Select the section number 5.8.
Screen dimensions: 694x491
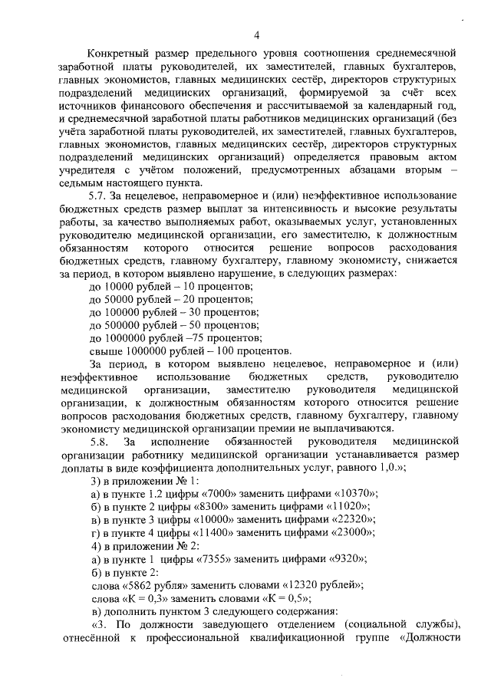point(101,442)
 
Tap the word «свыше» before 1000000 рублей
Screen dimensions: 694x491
point(106,351)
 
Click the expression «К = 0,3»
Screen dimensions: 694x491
point(147,599)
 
